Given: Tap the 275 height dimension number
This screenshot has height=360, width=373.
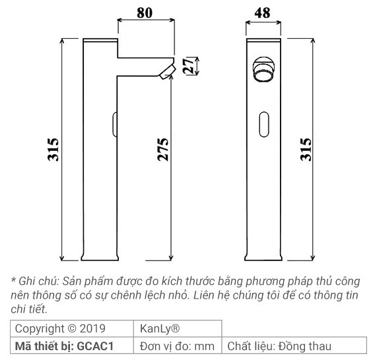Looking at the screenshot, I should (x=163, y=150).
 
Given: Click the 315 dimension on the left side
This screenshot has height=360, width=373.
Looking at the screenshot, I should (x=53, y=150).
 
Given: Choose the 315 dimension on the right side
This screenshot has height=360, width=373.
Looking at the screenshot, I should (x=305, y=150).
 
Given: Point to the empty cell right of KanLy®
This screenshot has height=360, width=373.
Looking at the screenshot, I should (x=294, y=328).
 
